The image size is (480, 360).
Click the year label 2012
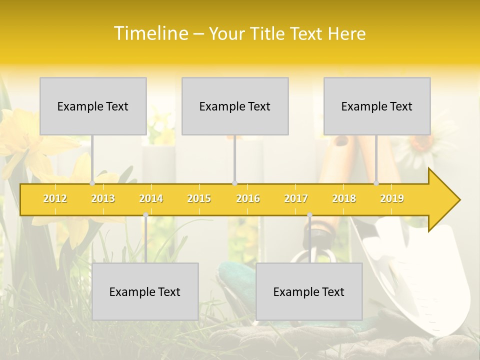click(x=55, y=198)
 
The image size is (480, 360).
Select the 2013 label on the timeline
click(x=103, y=198)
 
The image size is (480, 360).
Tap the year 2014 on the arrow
click(x=151, y=198)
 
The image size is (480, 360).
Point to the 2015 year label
click(x=199, y=198)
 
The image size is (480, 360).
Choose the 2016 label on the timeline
click(x=248, y=198)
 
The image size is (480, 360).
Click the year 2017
click(x=296, y=198)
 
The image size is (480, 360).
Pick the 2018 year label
click(x=344, y=198)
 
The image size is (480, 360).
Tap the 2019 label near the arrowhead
click(x=392, y=198)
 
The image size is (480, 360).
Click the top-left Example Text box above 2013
click(x=93, y=106)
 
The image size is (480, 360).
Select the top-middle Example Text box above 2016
click(x=235, y=106)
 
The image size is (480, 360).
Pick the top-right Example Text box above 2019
click(x=377, y=106)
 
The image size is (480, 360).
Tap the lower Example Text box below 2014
click(x=145, y=291)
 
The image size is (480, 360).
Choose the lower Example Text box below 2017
click(x=309, y=291)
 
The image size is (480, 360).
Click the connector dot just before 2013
click(x=92, y=183)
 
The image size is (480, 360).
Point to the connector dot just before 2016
click(x=234, y=183)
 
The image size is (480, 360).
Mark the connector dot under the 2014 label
click(x=145, y=214)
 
